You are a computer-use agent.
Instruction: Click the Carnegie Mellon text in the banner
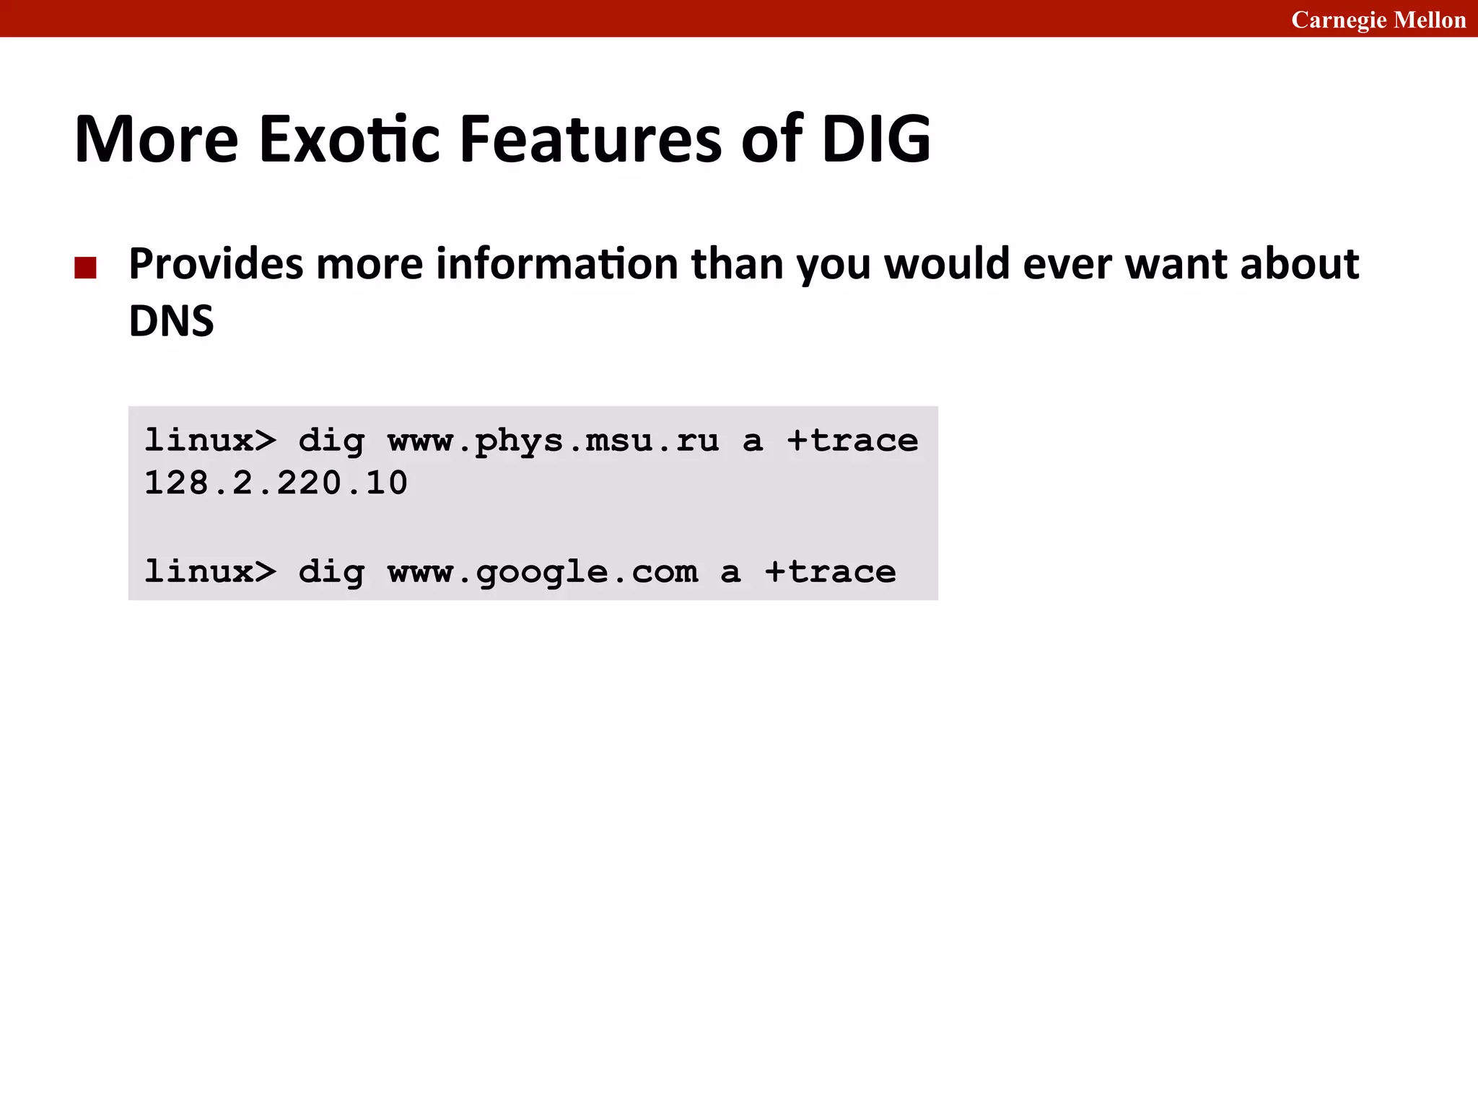[x=1378, y=19]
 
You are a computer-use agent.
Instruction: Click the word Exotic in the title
[x=349, y=138]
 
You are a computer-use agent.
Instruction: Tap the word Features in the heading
[x=590, y=138]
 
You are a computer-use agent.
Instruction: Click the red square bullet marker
[x=85, y=268]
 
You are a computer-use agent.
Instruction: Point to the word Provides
[x=216, y=264]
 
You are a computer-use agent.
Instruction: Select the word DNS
[x=171, y=321]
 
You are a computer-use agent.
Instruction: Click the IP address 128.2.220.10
[x=276, y=483]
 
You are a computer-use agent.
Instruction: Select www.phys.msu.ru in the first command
[x=554, y=441]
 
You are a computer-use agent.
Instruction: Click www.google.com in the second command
[x=543, y=572]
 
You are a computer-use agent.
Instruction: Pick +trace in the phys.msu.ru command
[x=852, y=441]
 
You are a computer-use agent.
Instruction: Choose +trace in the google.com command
[x=830, y=572]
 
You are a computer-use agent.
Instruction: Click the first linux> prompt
[x=210, y=441]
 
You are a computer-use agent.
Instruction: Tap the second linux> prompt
[x=210, y=572]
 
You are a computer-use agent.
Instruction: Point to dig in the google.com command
[x=331, y=572]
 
